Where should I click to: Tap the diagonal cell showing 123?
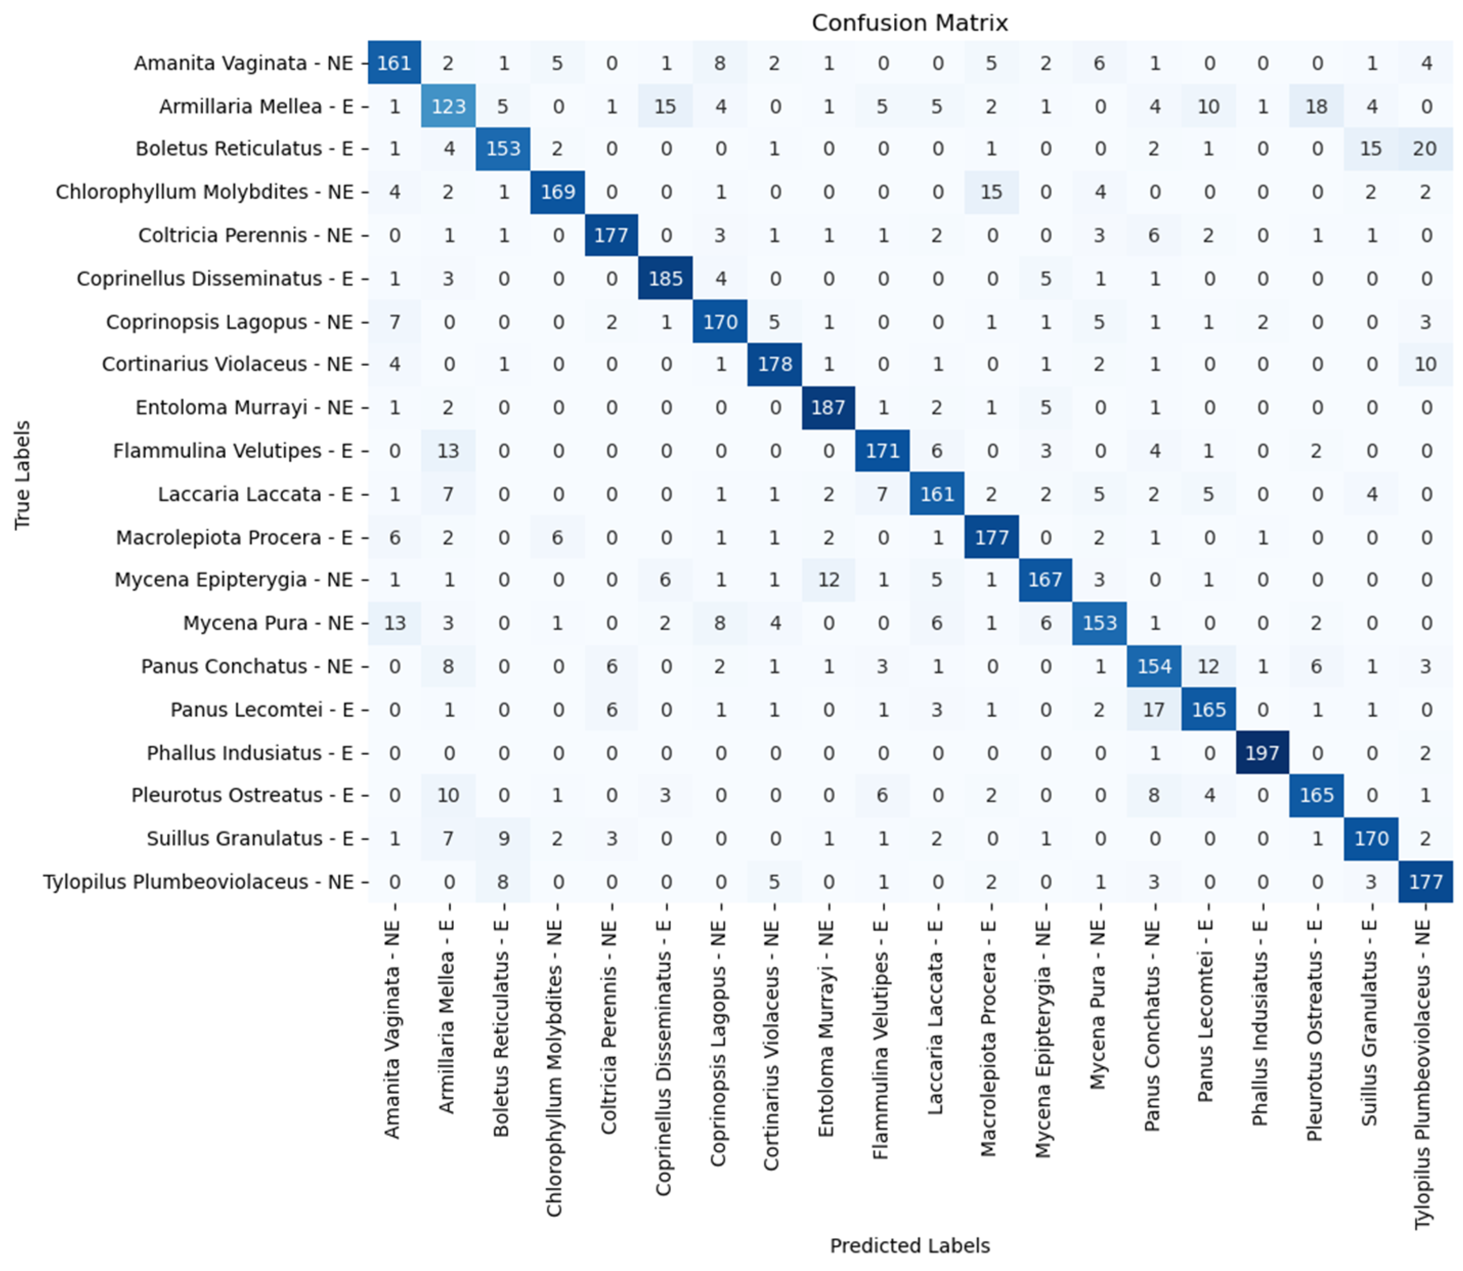448,106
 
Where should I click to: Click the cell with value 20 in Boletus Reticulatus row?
1426,149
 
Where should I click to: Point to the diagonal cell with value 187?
828,408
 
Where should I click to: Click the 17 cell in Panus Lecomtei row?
1154,709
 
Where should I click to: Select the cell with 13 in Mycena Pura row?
395,623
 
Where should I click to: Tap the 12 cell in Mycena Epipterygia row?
828,580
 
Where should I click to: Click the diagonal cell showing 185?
665,279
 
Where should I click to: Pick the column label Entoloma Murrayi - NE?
826,1028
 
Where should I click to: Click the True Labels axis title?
23,475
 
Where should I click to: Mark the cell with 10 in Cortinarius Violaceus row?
1426,364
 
